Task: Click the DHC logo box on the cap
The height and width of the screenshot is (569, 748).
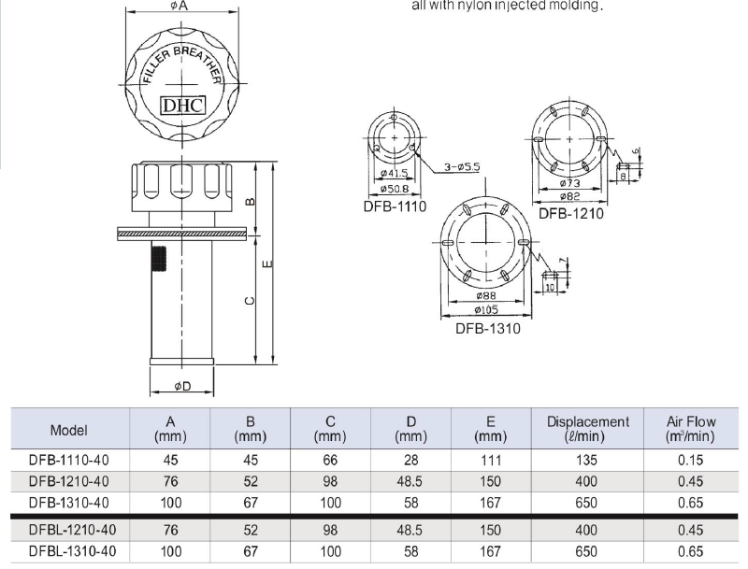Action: click(x=182, y=106)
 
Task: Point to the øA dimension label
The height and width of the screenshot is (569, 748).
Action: click(x=180, y=7)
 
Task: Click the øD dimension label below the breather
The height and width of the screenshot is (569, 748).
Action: click(x=182, y=385)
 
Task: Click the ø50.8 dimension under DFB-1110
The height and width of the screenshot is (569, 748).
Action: click(x=395, y=189)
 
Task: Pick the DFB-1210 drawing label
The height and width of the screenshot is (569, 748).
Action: click(x=570, y=213)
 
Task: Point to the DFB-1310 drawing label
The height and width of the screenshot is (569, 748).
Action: click(x=487, y=328)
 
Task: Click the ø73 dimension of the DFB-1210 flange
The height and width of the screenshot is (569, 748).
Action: click(x=571, y=184)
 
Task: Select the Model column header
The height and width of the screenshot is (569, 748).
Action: click(x=69, y=431)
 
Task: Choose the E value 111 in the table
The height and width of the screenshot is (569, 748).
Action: click(x=491, y=459)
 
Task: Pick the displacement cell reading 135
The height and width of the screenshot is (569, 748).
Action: click(x=588, y=459)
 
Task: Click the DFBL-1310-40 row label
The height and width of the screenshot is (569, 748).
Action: click(x=70, y=551)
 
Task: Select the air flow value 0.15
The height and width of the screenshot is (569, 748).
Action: click(x=691, y=459)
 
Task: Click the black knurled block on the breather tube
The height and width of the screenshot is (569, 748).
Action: click(x=158, y=257)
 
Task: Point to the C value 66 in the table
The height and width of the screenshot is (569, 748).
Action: click(x=331, y=459)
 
